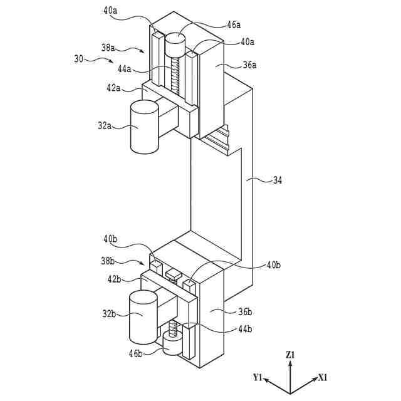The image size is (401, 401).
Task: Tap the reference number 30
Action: coord(78,58)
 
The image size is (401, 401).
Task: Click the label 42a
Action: coord(113,88)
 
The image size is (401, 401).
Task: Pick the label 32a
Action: coord(105,125)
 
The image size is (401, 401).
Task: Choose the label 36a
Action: coord(249,64)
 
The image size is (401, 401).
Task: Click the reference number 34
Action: coord(277,180)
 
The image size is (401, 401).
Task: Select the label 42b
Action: coord(114,279)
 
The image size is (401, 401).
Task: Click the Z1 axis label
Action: coord(290,355)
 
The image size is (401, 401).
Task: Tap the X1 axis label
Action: coord(322,377)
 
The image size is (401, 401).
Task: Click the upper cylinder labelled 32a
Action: coord(144,128)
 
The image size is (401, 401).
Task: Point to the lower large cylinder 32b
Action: coord(142,316)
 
